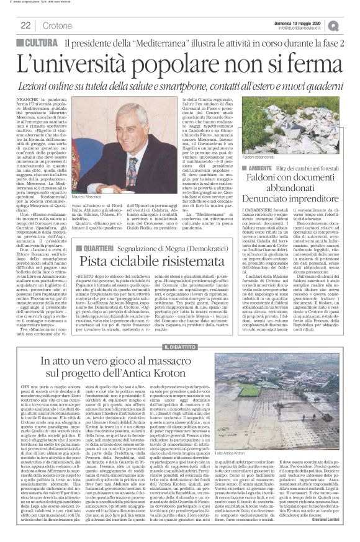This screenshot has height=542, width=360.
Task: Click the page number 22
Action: coord(26,25)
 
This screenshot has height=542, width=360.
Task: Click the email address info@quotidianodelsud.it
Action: coord(305,28)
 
